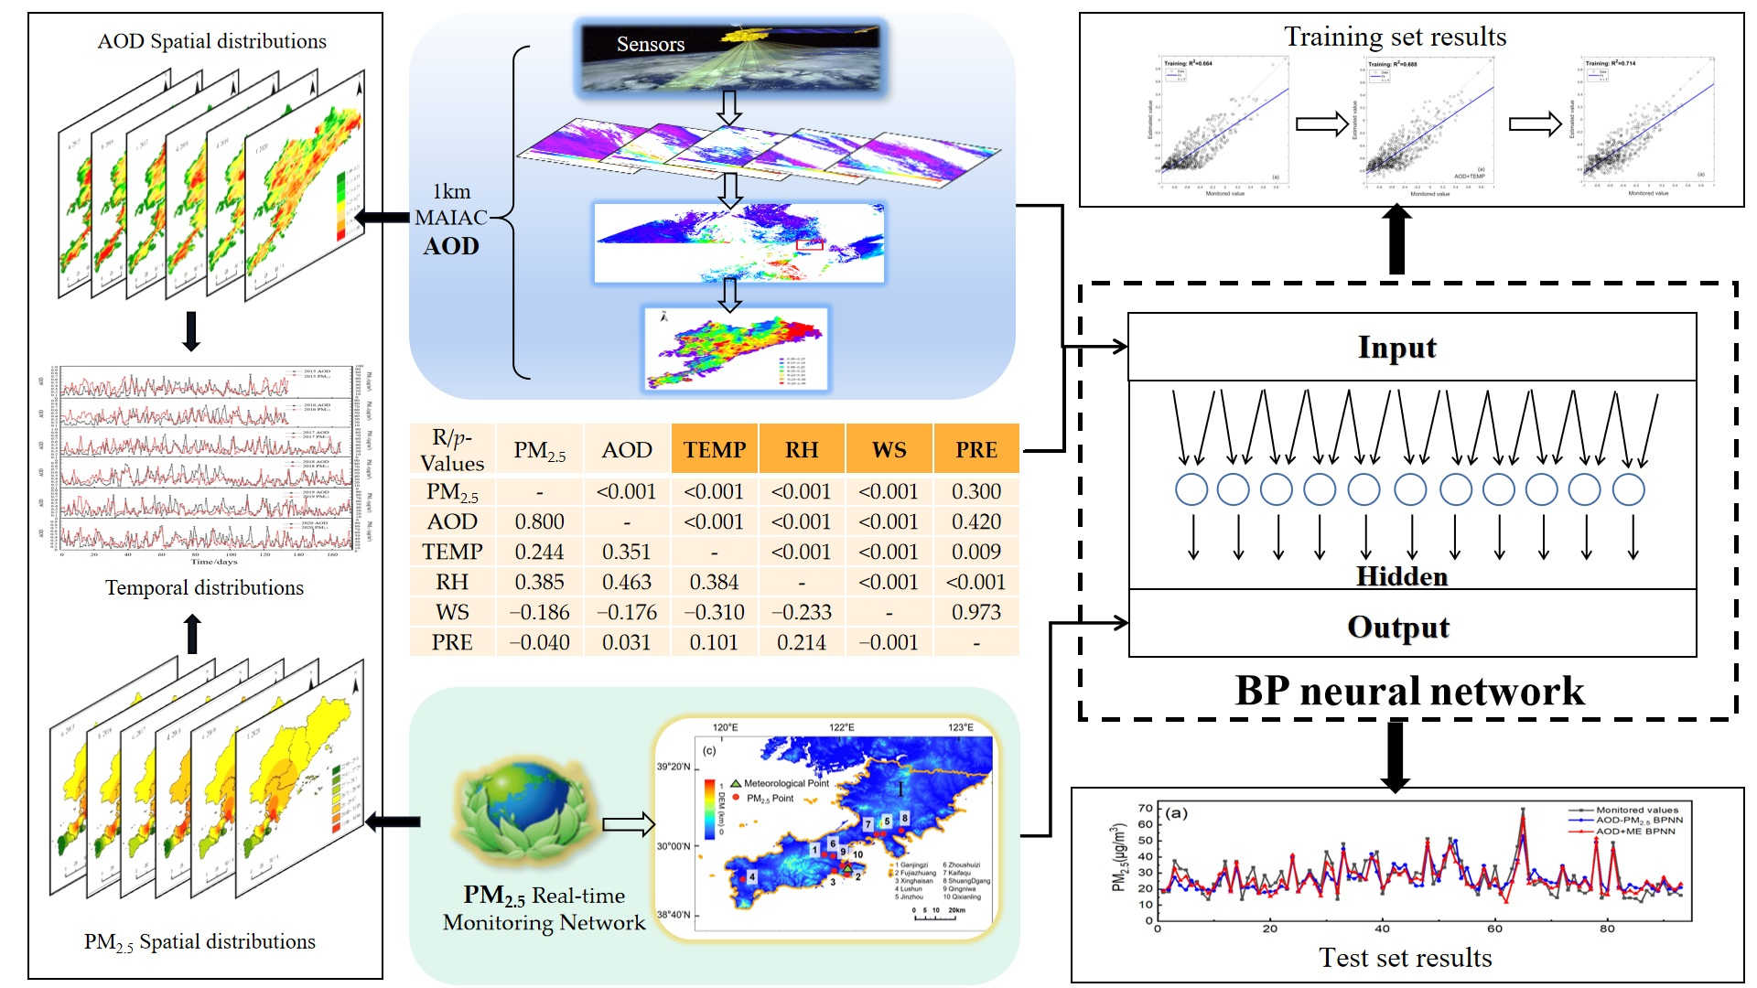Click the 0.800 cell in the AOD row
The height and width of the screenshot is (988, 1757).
point(539,521)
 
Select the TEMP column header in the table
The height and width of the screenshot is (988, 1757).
point(715,449)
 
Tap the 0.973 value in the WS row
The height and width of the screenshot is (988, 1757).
point(976,612)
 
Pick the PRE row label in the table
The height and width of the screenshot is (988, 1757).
point(452,642)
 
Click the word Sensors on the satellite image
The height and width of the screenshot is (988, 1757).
point(650,44)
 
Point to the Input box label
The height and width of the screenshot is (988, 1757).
point(1396,348)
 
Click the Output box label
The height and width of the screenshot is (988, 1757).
point(1398,628)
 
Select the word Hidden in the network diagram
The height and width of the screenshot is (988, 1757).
point(1401,576)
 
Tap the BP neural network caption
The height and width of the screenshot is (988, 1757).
point(1409,692)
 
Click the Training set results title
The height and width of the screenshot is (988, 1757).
point(1395,37)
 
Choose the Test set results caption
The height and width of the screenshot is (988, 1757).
point(1405,958)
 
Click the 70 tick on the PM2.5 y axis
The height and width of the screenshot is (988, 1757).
point(1145,808)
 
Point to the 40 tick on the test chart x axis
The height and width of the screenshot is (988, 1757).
point(1382,929)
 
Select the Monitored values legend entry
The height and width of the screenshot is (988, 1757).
point(1636,810)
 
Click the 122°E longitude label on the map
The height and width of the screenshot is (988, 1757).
point(841,728)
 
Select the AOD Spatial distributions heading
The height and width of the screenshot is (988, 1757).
point(211,41)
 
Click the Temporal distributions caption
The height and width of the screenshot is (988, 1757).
point(204,588)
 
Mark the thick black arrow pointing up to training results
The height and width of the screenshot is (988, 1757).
point(1396,240)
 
